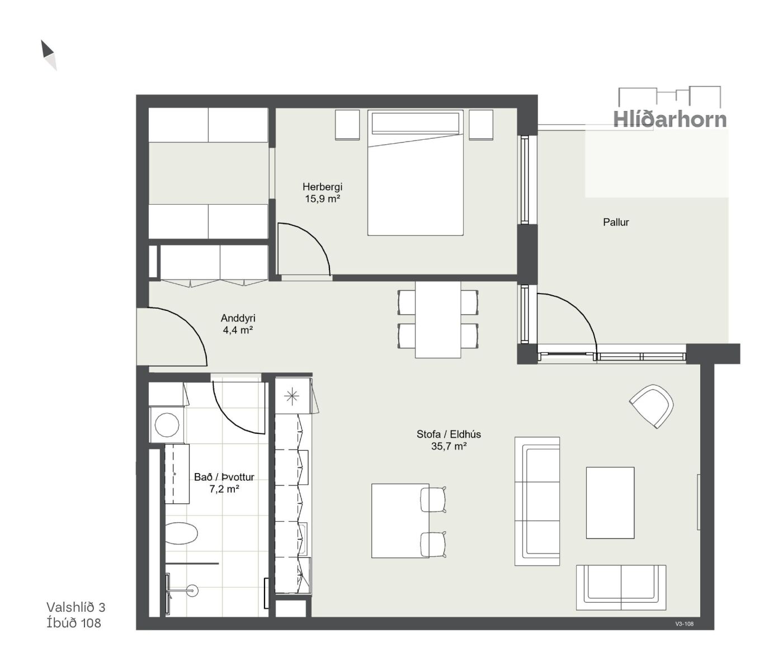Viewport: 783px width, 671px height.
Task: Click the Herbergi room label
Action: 322,187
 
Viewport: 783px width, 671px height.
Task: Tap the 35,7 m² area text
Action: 449,446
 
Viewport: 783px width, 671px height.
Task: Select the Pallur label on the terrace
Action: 616,223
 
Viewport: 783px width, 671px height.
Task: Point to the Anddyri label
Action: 238,318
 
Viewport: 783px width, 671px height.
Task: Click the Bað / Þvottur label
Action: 224,477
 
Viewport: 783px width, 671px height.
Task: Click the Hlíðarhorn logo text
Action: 669,119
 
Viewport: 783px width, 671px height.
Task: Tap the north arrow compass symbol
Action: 49,55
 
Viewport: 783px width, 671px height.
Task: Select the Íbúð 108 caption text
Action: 74,623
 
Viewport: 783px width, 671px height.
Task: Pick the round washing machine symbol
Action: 167,425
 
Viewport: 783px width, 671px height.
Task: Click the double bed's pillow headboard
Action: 415,122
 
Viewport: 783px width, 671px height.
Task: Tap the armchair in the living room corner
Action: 651,406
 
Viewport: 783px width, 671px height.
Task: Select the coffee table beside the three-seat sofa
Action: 610,503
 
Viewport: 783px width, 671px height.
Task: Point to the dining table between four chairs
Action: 438,320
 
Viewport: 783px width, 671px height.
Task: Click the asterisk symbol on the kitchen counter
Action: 292,396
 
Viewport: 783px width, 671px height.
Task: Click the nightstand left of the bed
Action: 347,125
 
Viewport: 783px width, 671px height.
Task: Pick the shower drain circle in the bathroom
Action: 192,590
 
